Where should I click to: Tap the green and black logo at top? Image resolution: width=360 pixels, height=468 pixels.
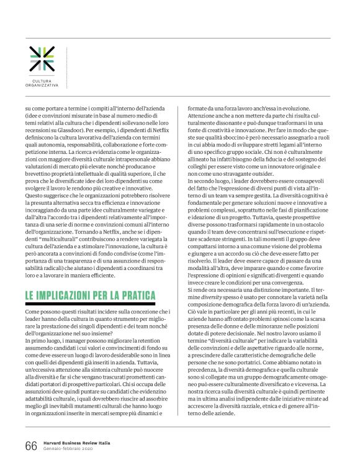pyautogui.click(x=42, y=58)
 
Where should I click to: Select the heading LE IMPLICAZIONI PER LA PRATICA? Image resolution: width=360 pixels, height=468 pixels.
pyautogui.click(x=91, y=296)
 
